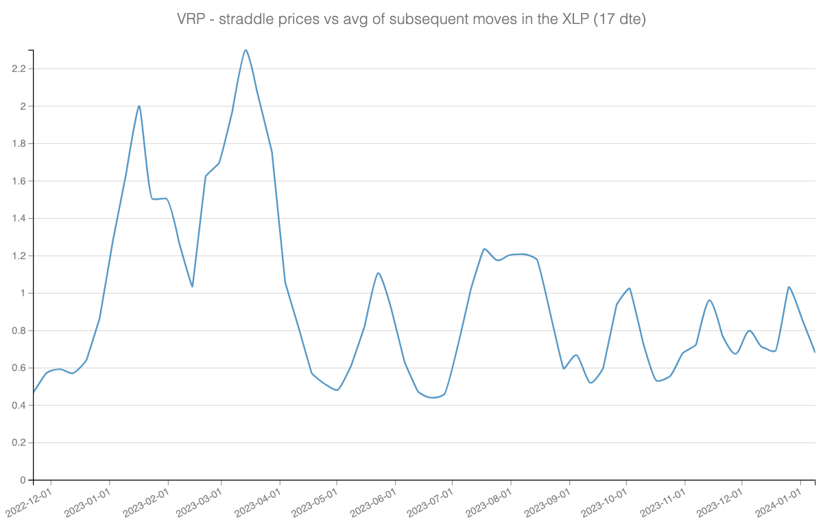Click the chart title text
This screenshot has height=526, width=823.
[x=411, y=20]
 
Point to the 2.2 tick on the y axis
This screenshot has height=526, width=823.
[x=18, y=69]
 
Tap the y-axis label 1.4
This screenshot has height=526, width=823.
[x=18, y=218]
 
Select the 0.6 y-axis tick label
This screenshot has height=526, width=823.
[x=18, y=368]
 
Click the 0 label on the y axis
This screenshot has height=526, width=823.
[x=23, y=480]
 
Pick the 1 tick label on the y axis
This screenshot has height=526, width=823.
[x=23, y=293]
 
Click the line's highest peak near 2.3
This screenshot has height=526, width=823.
[x=246, y=50]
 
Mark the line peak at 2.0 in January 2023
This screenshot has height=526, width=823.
[x=139, y=106]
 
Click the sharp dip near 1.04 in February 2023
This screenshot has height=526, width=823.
[x=192, y=286]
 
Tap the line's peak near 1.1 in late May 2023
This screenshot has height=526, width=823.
[x=378, y=273]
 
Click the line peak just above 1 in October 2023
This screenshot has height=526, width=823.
[x=629, y=288]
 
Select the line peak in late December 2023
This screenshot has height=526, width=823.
[x=789, y=287]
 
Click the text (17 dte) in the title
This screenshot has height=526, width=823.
[x=621, y=20]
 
